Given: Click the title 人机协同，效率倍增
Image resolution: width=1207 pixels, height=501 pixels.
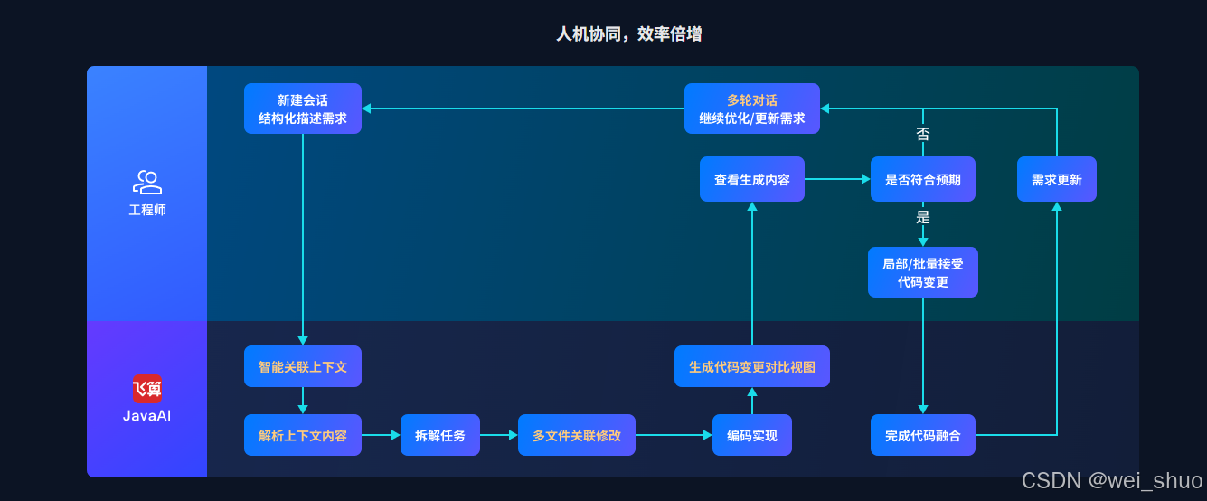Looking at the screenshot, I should tap(628, 34).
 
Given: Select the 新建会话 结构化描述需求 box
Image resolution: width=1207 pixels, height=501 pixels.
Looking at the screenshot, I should tap(302, 109).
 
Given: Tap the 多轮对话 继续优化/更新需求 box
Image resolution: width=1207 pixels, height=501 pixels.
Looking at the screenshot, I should tap(751, 109).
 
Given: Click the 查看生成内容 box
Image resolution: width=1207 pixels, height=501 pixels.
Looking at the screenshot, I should tap(751, 179).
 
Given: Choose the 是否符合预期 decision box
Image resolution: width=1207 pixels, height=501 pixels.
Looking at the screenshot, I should tap(922, 179).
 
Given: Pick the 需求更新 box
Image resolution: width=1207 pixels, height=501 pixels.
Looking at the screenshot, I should tap(1056, 179).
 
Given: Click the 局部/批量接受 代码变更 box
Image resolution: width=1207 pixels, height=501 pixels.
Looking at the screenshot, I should tap(922, 272).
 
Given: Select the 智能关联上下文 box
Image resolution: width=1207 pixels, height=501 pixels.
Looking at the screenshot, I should tap(302, 366).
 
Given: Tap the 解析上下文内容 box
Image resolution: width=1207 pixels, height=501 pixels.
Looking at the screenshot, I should tap(302, 435).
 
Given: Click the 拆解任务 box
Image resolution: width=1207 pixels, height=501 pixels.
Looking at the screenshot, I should tap(439, 435).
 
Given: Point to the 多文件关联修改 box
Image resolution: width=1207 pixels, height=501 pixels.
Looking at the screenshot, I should tap(577, 435).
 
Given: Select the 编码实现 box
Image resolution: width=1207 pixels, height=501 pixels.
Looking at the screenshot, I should tap(751, 435).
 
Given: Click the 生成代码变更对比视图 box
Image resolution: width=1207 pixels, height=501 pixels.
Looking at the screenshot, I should tap(751, 366).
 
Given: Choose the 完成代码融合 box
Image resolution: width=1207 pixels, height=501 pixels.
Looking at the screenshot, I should tap(922, 435).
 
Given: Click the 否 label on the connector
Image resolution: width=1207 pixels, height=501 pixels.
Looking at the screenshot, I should tap(922, 134).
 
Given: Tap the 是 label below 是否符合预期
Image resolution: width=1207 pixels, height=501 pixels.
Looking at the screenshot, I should tap(922, 217).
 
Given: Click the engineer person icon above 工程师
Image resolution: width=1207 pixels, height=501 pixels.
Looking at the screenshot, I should tap(146, 183).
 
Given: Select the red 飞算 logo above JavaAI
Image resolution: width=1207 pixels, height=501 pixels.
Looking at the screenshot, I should tap(147, 389).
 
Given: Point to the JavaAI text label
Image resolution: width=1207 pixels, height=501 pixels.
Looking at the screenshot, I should tap(146, 416).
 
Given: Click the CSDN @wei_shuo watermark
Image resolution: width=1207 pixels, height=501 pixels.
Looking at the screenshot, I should tap(1111, 480).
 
